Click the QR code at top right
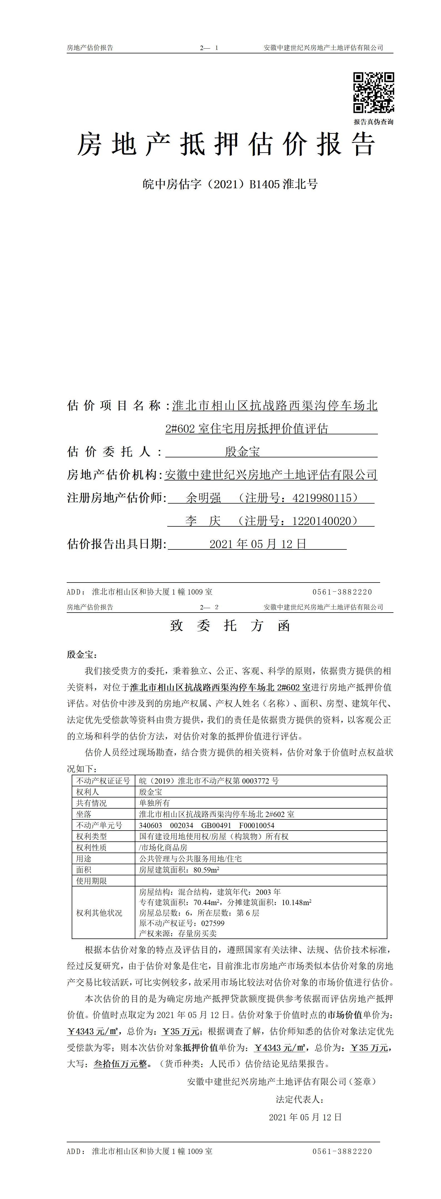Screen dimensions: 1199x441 tap(373, 93)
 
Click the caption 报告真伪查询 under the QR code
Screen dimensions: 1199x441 tap(373, 122)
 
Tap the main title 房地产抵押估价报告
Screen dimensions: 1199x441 tap(226, 144)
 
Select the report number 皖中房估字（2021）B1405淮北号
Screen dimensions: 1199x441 tap(230, 184)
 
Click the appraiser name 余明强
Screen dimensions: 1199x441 tap(203, 498)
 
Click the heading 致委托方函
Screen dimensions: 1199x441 tap(230, 626)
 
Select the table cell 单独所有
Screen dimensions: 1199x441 tap(155, 803)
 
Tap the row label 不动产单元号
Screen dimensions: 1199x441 tap(99, 825)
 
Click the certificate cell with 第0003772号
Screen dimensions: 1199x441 tap(209, 781)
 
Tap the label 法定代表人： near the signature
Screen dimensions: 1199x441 tap(300, 1099)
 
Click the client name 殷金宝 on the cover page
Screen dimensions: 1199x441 tap(242, 452)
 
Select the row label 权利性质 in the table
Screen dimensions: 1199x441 tap(92, 848)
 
